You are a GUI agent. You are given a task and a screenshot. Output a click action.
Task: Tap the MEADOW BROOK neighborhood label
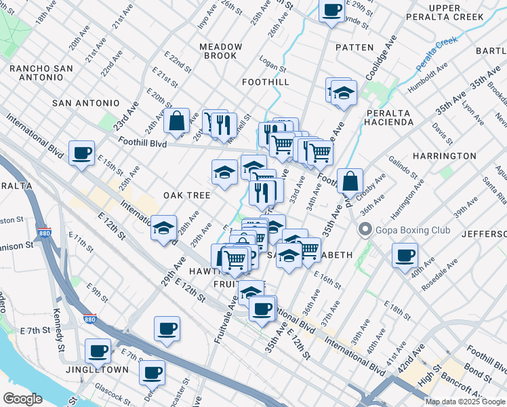(220, 51)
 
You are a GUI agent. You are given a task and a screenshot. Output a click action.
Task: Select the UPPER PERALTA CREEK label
(445, 13)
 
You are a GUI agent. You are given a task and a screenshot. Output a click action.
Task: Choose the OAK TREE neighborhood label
(186, 195)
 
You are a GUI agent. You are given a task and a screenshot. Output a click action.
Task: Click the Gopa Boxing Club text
(414, 231)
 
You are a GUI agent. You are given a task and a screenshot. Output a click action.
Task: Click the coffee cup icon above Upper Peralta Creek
(331, 10)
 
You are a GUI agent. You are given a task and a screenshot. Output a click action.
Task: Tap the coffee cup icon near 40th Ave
(405, 256)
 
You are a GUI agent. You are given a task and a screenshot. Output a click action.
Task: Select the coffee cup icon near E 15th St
(81, 153)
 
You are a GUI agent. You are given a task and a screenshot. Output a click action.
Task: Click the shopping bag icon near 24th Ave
(176, 122)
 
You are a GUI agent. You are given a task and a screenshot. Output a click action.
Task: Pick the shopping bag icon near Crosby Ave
(350, 181)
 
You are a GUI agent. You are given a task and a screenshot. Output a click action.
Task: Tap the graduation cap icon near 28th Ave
(163, 229)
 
